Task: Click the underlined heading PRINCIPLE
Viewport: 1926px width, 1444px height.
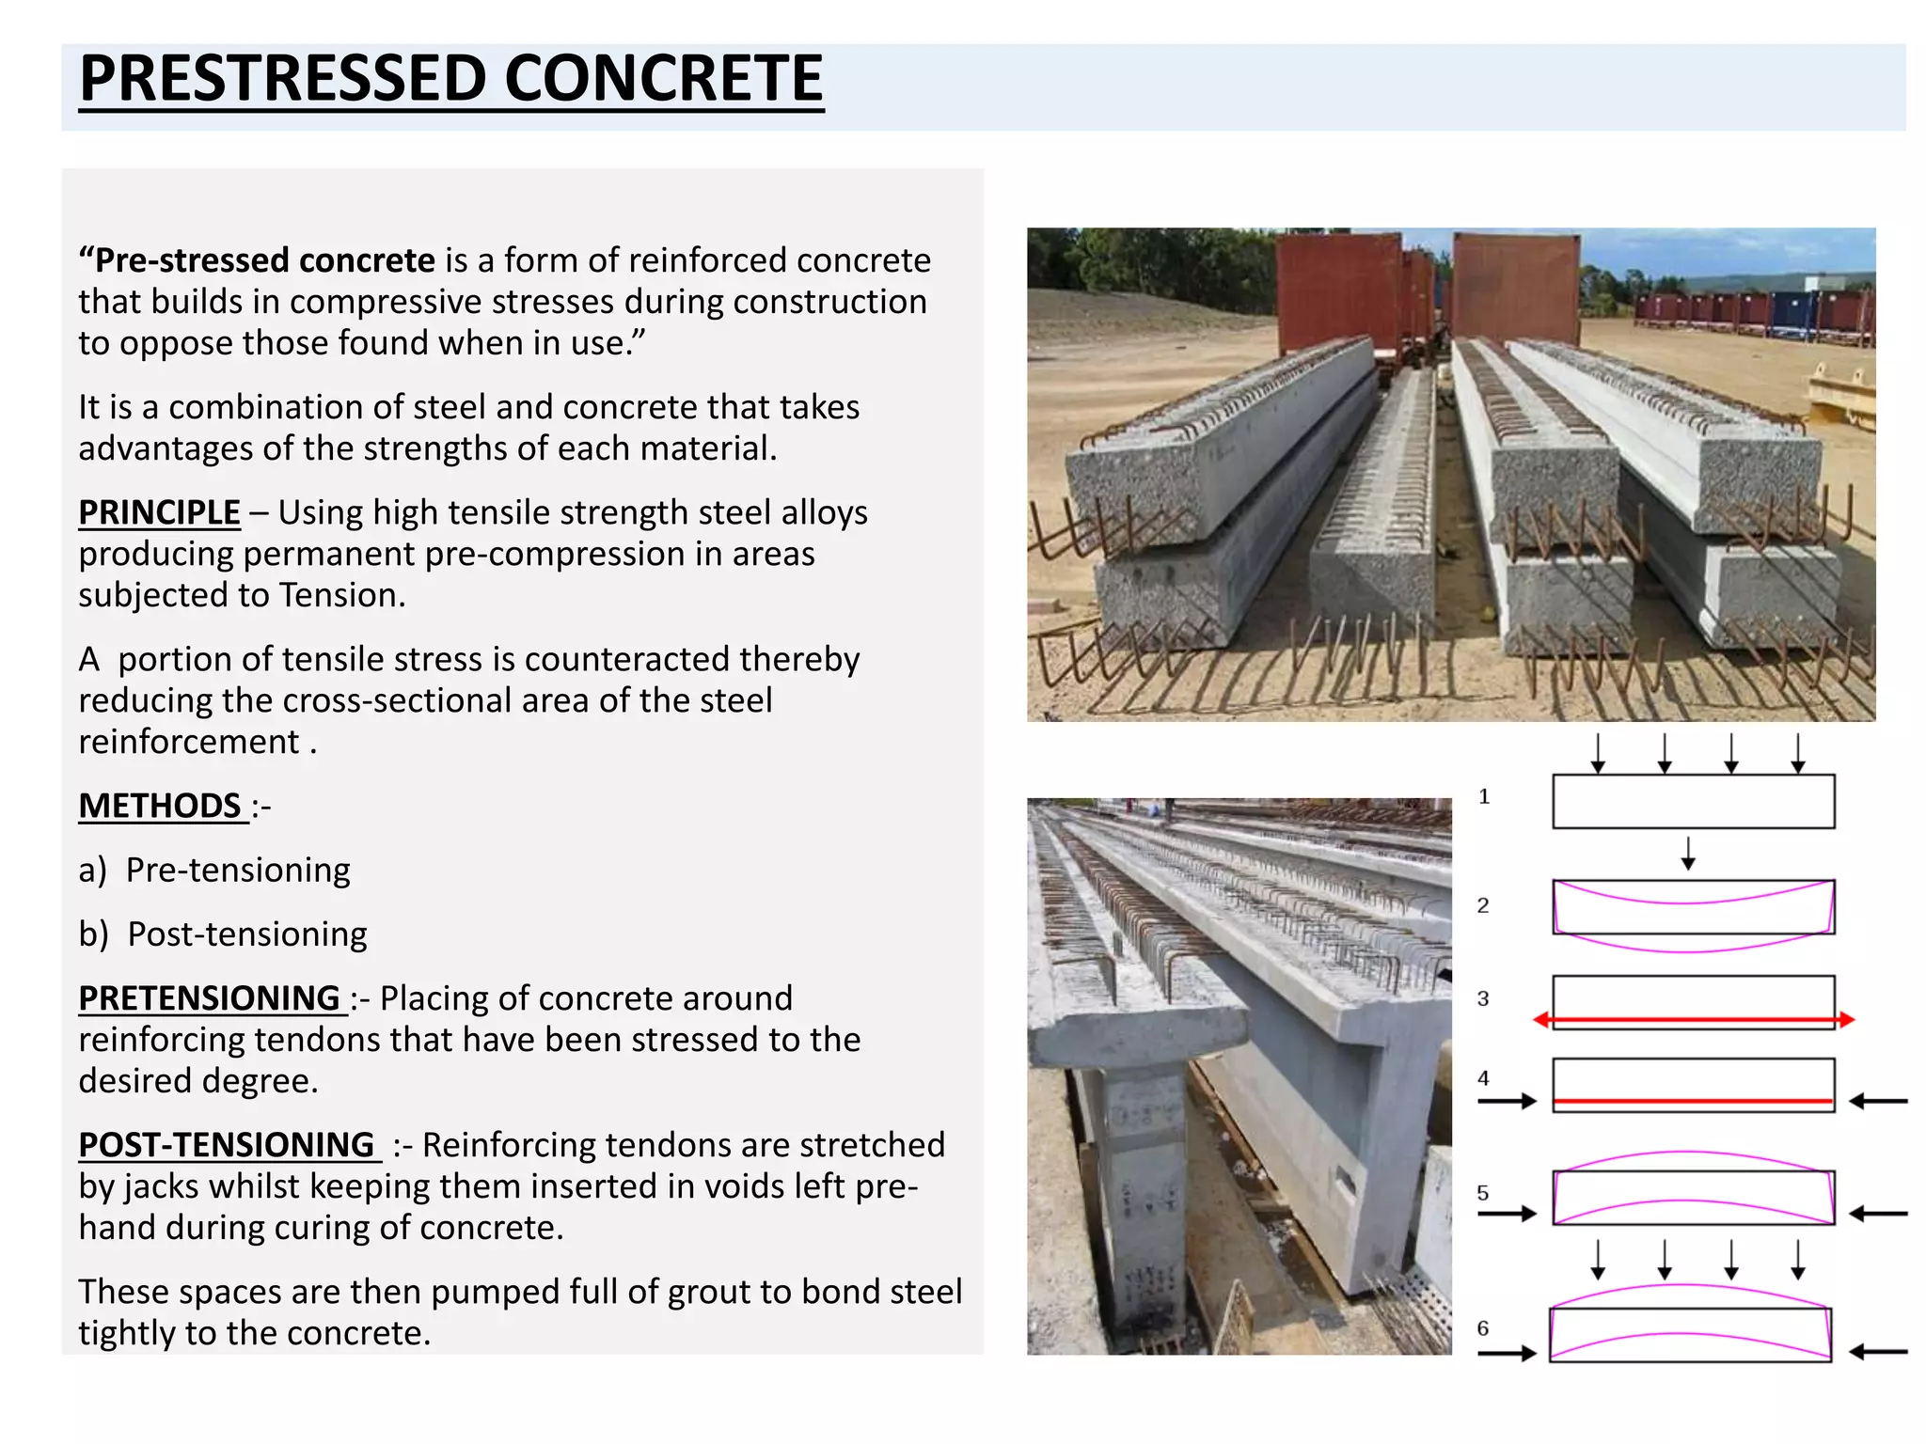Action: click(x=159, y=512)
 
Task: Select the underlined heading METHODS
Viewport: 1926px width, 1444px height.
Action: click(x=161, y=806)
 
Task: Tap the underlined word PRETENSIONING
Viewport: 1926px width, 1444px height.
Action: click(x=210, y=997)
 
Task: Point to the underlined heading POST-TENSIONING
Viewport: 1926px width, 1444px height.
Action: click(x=228, y=1144)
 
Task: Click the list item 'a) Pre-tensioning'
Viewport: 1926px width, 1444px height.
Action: click(x=214, y=870)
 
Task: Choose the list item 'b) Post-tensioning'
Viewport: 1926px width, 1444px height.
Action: click(x=223, y=934)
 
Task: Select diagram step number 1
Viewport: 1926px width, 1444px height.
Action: click(x=1484, y=797)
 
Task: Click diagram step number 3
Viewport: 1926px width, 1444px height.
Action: click(x=1483, y=998)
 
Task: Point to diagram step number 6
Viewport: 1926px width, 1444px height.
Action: click(x=1483, y=1328)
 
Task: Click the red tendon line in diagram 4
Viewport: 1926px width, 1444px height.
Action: click(x=1693, y=1101)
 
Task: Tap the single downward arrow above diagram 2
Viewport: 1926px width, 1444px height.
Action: click(x=1688, y=854)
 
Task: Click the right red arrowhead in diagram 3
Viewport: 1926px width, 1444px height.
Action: click(x=1846, y=1019)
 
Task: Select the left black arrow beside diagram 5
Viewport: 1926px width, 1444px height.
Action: click(x=1507, y=1214)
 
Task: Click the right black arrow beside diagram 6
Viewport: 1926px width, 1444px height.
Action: click(x=1878, y=1352)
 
